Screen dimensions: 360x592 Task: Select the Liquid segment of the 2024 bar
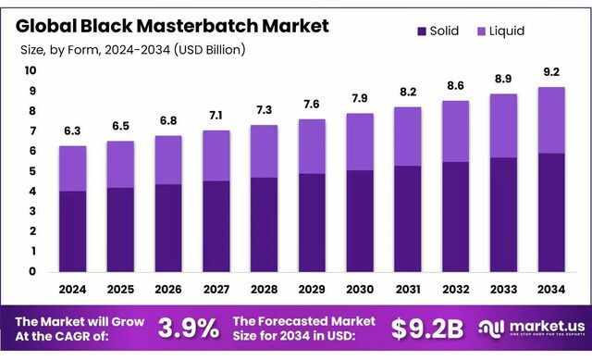pos(73,168)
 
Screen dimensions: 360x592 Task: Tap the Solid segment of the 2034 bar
pos(552,212)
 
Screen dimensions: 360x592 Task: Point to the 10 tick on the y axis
pos(31,70)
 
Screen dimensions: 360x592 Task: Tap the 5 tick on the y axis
pos(33,171)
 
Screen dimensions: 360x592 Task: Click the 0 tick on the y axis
pos(33,272)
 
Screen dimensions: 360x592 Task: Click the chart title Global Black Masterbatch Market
pos(171,26)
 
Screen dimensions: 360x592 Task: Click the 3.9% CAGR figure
pos(188,328)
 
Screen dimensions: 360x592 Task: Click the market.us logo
pos(529,328)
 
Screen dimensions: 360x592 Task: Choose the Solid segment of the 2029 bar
pos(313,222)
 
